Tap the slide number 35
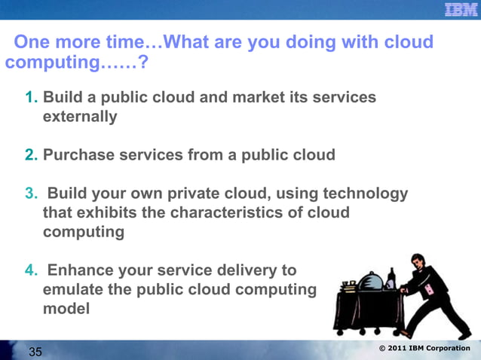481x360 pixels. click(35, 351)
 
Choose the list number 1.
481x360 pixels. click(31, 99)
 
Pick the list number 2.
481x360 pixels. click(31, 155)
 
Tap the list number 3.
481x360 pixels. click(31, 194)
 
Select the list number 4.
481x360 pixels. click(31, 270)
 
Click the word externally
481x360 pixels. click(80, 117)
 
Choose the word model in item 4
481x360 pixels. click(66, 308)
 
